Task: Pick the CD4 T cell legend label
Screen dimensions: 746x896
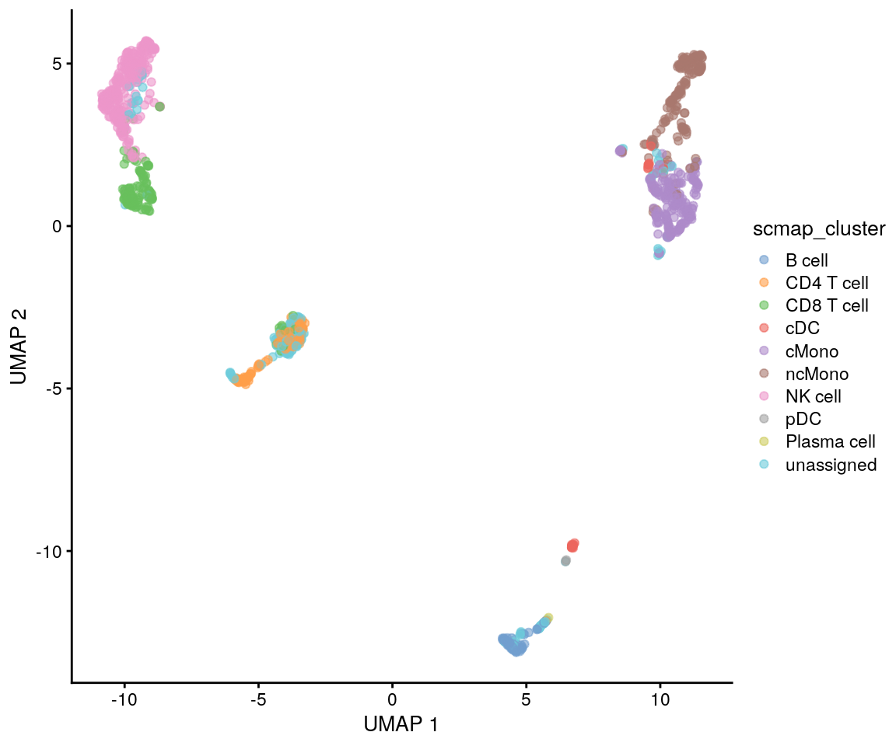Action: point(827,283)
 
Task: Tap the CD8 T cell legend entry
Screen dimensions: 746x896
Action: point(827,306)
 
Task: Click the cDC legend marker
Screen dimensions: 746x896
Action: point(765,329)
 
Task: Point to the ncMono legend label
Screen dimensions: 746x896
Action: point(817,374)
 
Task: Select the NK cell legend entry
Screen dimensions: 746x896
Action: point(813,396)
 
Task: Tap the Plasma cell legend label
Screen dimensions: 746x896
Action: point(831,442)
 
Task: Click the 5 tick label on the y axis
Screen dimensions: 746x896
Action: point(57,64)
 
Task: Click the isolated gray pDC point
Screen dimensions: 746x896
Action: point(565,561)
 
